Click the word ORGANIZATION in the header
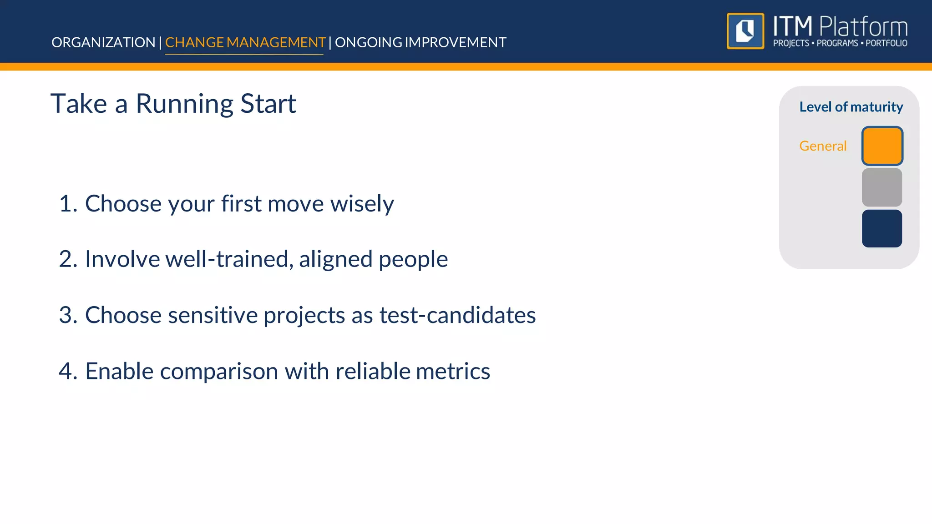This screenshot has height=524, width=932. [x=103, y=42]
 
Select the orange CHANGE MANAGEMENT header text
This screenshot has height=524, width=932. [x=245, y=42]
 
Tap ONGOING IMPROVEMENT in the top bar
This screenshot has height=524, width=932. [x=420, y=42]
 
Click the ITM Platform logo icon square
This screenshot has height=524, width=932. [x=745, y=31]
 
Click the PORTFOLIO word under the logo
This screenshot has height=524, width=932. [x=886, y=43]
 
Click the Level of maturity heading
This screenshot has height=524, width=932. [x=851, y=107]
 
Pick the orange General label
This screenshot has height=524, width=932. [x=823, y=146]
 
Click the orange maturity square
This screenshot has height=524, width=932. [x=882, y=146]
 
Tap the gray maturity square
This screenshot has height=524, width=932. [x=882, y=187]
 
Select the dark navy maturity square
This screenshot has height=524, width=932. [x=882, y=228]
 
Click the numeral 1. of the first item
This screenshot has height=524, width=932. [x=68, y=203]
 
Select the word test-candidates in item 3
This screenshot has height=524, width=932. [x=457, y=315]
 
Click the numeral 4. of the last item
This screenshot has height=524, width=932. [x=68, y=371]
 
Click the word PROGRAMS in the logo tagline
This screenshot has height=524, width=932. [x=837, y=43]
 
